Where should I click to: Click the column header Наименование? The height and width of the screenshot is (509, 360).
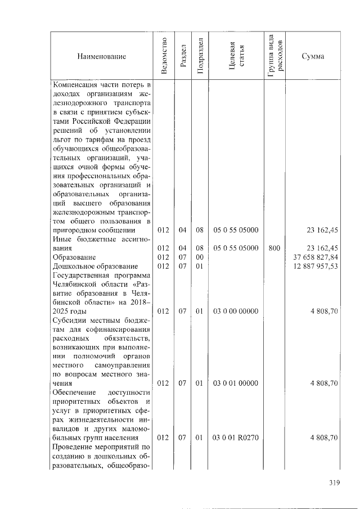pyautogui.click(x=102, y=56)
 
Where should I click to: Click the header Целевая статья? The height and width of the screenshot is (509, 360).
pyautogui.click(x=236, y=56)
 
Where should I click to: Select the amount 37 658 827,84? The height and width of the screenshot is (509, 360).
pyautogui.click(x=315, y=257)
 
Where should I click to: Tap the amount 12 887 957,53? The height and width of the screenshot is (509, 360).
pyautogui.click(x=315, y=266)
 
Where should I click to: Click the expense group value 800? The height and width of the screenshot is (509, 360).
pyautogui.click(x=274, y=248)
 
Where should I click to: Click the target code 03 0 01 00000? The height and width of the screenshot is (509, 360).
pyautogui.click(x=236, y=384)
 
